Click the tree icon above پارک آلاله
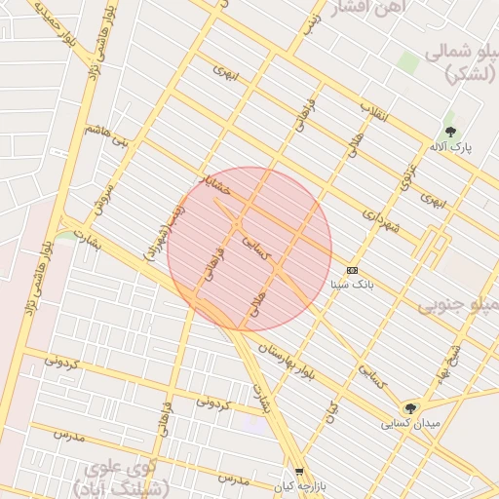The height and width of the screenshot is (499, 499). [449, 132]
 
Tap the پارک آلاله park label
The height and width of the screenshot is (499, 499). [450, 148]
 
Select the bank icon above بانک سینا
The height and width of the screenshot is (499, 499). [352, 270]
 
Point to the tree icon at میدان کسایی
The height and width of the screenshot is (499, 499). [410, 408]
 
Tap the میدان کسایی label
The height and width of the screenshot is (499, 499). [410, 424]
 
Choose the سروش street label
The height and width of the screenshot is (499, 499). [104, 198]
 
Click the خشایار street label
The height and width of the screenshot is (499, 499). [213, 184]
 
